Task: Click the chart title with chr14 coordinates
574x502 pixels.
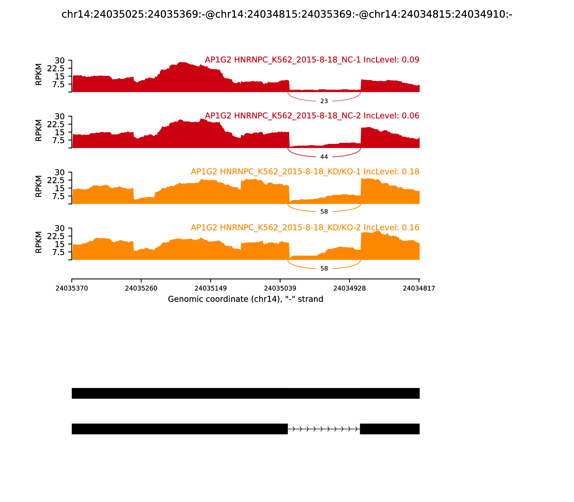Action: click(x=287, y=14)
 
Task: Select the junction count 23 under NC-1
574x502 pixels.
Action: click(x=324, y=101)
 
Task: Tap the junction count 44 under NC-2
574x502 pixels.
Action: click(x=324, y=157)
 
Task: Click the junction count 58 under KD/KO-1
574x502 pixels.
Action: click(x=324, y=212)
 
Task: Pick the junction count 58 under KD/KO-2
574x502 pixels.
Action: click(x=324, y=269)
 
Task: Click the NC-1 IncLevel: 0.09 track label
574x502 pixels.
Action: click(x=312, y=60)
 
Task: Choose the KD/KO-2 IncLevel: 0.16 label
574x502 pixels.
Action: click(x=305, y=228)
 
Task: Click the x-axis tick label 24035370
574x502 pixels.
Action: click(x=72, y=288)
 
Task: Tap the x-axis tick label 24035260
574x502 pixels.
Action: click(x=141, y=288)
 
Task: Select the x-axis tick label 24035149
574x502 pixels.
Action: click(x=210, y=288)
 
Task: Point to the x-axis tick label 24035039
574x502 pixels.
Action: click(x=280, y=288)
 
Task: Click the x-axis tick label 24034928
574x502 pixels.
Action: click(x=349, y=288)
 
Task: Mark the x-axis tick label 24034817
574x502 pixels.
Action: click(x=419, y=288)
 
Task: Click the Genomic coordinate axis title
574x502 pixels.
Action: click(x=246, y=299)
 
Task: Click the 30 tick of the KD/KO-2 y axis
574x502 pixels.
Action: click(x=59, y=228)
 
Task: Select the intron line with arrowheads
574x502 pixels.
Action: click(x=324, y=429)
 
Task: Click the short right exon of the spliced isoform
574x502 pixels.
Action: click(x=390, y=429)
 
